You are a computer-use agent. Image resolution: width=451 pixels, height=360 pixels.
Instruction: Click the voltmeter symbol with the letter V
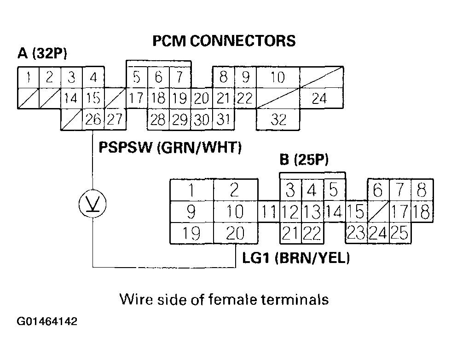click(93, 203)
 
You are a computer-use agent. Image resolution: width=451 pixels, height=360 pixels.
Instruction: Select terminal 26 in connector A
click(93, 120)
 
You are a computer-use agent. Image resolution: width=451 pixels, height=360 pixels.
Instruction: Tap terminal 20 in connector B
click(235, 234)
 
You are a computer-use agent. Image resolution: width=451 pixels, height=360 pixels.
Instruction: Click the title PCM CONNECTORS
click(224, 41)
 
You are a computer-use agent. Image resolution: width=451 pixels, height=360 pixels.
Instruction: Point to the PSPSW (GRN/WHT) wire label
click(170, 148)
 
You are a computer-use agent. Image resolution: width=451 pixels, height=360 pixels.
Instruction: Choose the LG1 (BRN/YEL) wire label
click(296, 258)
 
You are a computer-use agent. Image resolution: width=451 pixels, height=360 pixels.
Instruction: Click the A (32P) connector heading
click(42, 54)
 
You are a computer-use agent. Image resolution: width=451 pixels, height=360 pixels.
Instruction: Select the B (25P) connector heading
click(304, 160)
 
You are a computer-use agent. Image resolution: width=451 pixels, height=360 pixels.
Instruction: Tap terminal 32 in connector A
click(278, 120)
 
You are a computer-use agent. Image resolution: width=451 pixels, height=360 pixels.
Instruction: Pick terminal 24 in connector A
click(319, 98)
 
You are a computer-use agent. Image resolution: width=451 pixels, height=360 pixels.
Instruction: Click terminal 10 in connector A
click(278, 77)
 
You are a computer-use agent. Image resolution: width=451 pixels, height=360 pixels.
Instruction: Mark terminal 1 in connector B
click(191, 190)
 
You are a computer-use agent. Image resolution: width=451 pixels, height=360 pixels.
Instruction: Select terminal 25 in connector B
click(400, 234)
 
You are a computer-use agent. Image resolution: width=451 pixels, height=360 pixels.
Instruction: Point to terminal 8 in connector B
click(422, 190)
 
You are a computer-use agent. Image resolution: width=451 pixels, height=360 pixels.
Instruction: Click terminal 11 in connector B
click(269, 212)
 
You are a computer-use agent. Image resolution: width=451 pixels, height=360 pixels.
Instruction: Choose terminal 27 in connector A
click(115, 120)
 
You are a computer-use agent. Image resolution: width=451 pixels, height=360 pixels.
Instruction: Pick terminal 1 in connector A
click(28, 77)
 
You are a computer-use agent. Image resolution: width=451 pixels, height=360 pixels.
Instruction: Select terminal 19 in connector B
click(191, 234)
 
